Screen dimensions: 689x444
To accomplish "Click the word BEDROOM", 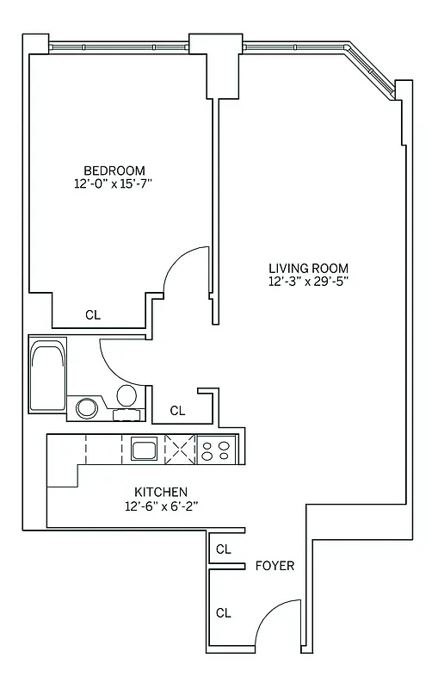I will (x=114, y=170).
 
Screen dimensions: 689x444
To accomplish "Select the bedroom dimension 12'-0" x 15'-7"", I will (x=114, y=183).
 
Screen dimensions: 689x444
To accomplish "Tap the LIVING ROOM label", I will (x=307, y=267).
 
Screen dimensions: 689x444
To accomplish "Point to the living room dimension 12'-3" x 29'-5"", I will (x=307, y=281).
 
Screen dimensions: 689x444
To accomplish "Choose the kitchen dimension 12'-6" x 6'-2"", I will (x=161, y=506).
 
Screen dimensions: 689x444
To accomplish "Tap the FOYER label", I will (x=275, y=566).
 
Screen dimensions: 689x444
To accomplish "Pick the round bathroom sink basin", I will (x=87, y=407).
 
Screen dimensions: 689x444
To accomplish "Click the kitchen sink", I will (x=143, y=449).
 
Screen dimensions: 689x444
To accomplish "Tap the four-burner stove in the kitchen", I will (x=215, y=449).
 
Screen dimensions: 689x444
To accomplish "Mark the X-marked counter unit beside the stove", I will (x=180, y=449).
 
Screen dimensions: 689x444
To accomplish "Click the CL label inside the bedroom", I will (x=93, y=315).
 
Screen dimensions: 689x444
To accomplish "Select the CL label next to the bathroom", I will (x=177, y=411).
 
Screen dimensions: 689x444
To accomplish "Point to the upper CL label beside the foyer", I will (x=224, y=549).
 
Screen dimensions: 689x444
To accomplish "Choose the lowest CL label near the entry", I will (x=224, y=613).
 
